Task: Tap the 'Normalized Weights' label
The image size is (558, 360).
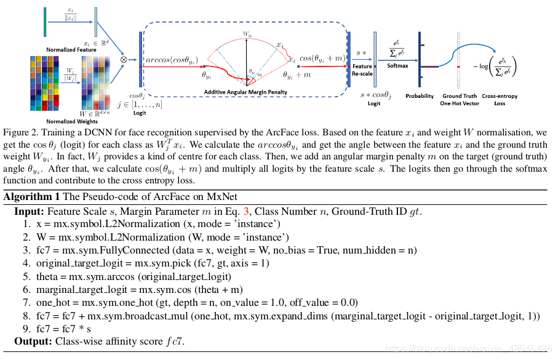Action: pos(70,122)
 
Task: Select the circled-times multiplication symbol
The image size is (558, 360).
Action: pos(124,60)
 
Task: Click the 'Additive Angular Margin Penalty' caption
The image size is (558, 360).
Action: pos(245,92)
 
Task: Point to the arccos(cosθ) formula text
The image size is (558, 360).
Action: pos(171,60)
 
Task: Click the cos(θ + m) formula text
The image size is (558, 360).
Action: pos(322,57)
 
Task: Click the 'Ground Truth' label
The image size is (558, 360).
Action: pos(460,96)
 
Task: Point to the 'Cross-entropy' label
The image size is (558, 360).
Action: pos(499,96)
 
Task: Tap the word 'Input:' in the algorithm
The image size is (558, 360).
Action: pos(29,211)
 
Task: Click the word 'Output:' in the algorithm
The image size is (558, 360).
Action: pos(33,342)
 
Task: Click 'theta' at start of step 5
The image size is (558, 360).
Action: pos(47,276)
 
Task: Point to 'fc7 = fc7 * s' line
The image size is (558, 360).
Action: pos(65,329)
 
